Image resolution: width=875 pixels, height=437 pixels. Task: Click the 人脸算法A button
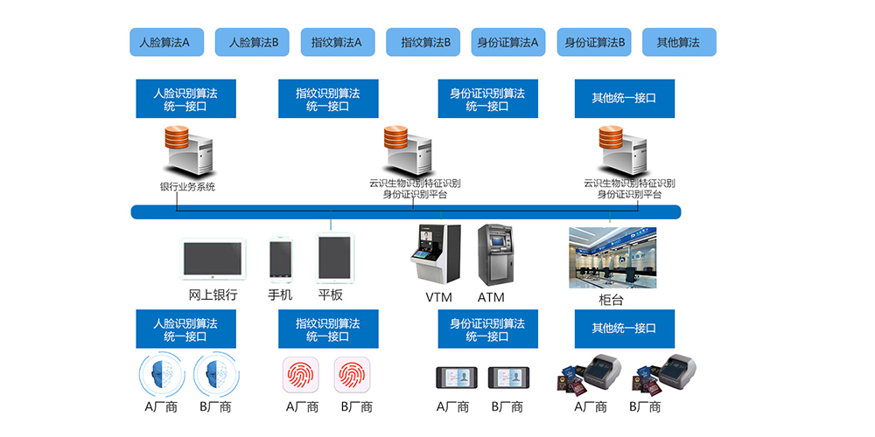coord(166,42)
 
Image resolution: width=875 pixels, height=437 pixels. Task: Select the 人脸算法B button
coord(253,42)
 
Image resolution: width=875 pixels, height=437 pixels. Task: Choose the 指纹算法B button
coord(424,42)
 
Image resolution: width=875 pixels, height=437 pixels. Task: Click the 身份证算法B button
coord(595,42)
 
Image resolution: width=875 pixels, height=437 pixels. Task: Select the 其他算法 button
coord(679,42)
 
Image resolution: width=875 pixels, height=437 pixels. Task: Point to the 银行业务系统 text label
coord(187,186)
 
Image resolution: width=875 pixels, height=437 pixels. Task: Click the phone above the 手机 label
coord(280,259)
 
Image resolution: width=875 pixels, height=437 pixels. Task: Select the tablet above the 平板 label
coord(333,259)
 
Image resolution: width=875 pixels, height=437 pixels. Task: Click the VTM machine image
coord(437,254)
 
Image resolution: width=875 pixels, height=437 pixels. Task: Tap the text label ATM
coord(491,297)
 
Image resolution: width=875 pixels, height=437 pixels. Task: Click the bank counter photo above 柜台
coord(612,257)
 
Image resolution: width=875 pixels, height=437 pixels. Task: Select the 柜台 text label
coord(612,299)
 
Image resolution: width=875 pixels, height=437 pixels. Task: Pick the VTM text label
coord(438,297)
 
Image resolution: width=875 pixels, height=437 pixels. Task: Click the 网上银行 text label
coord(213,295)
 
